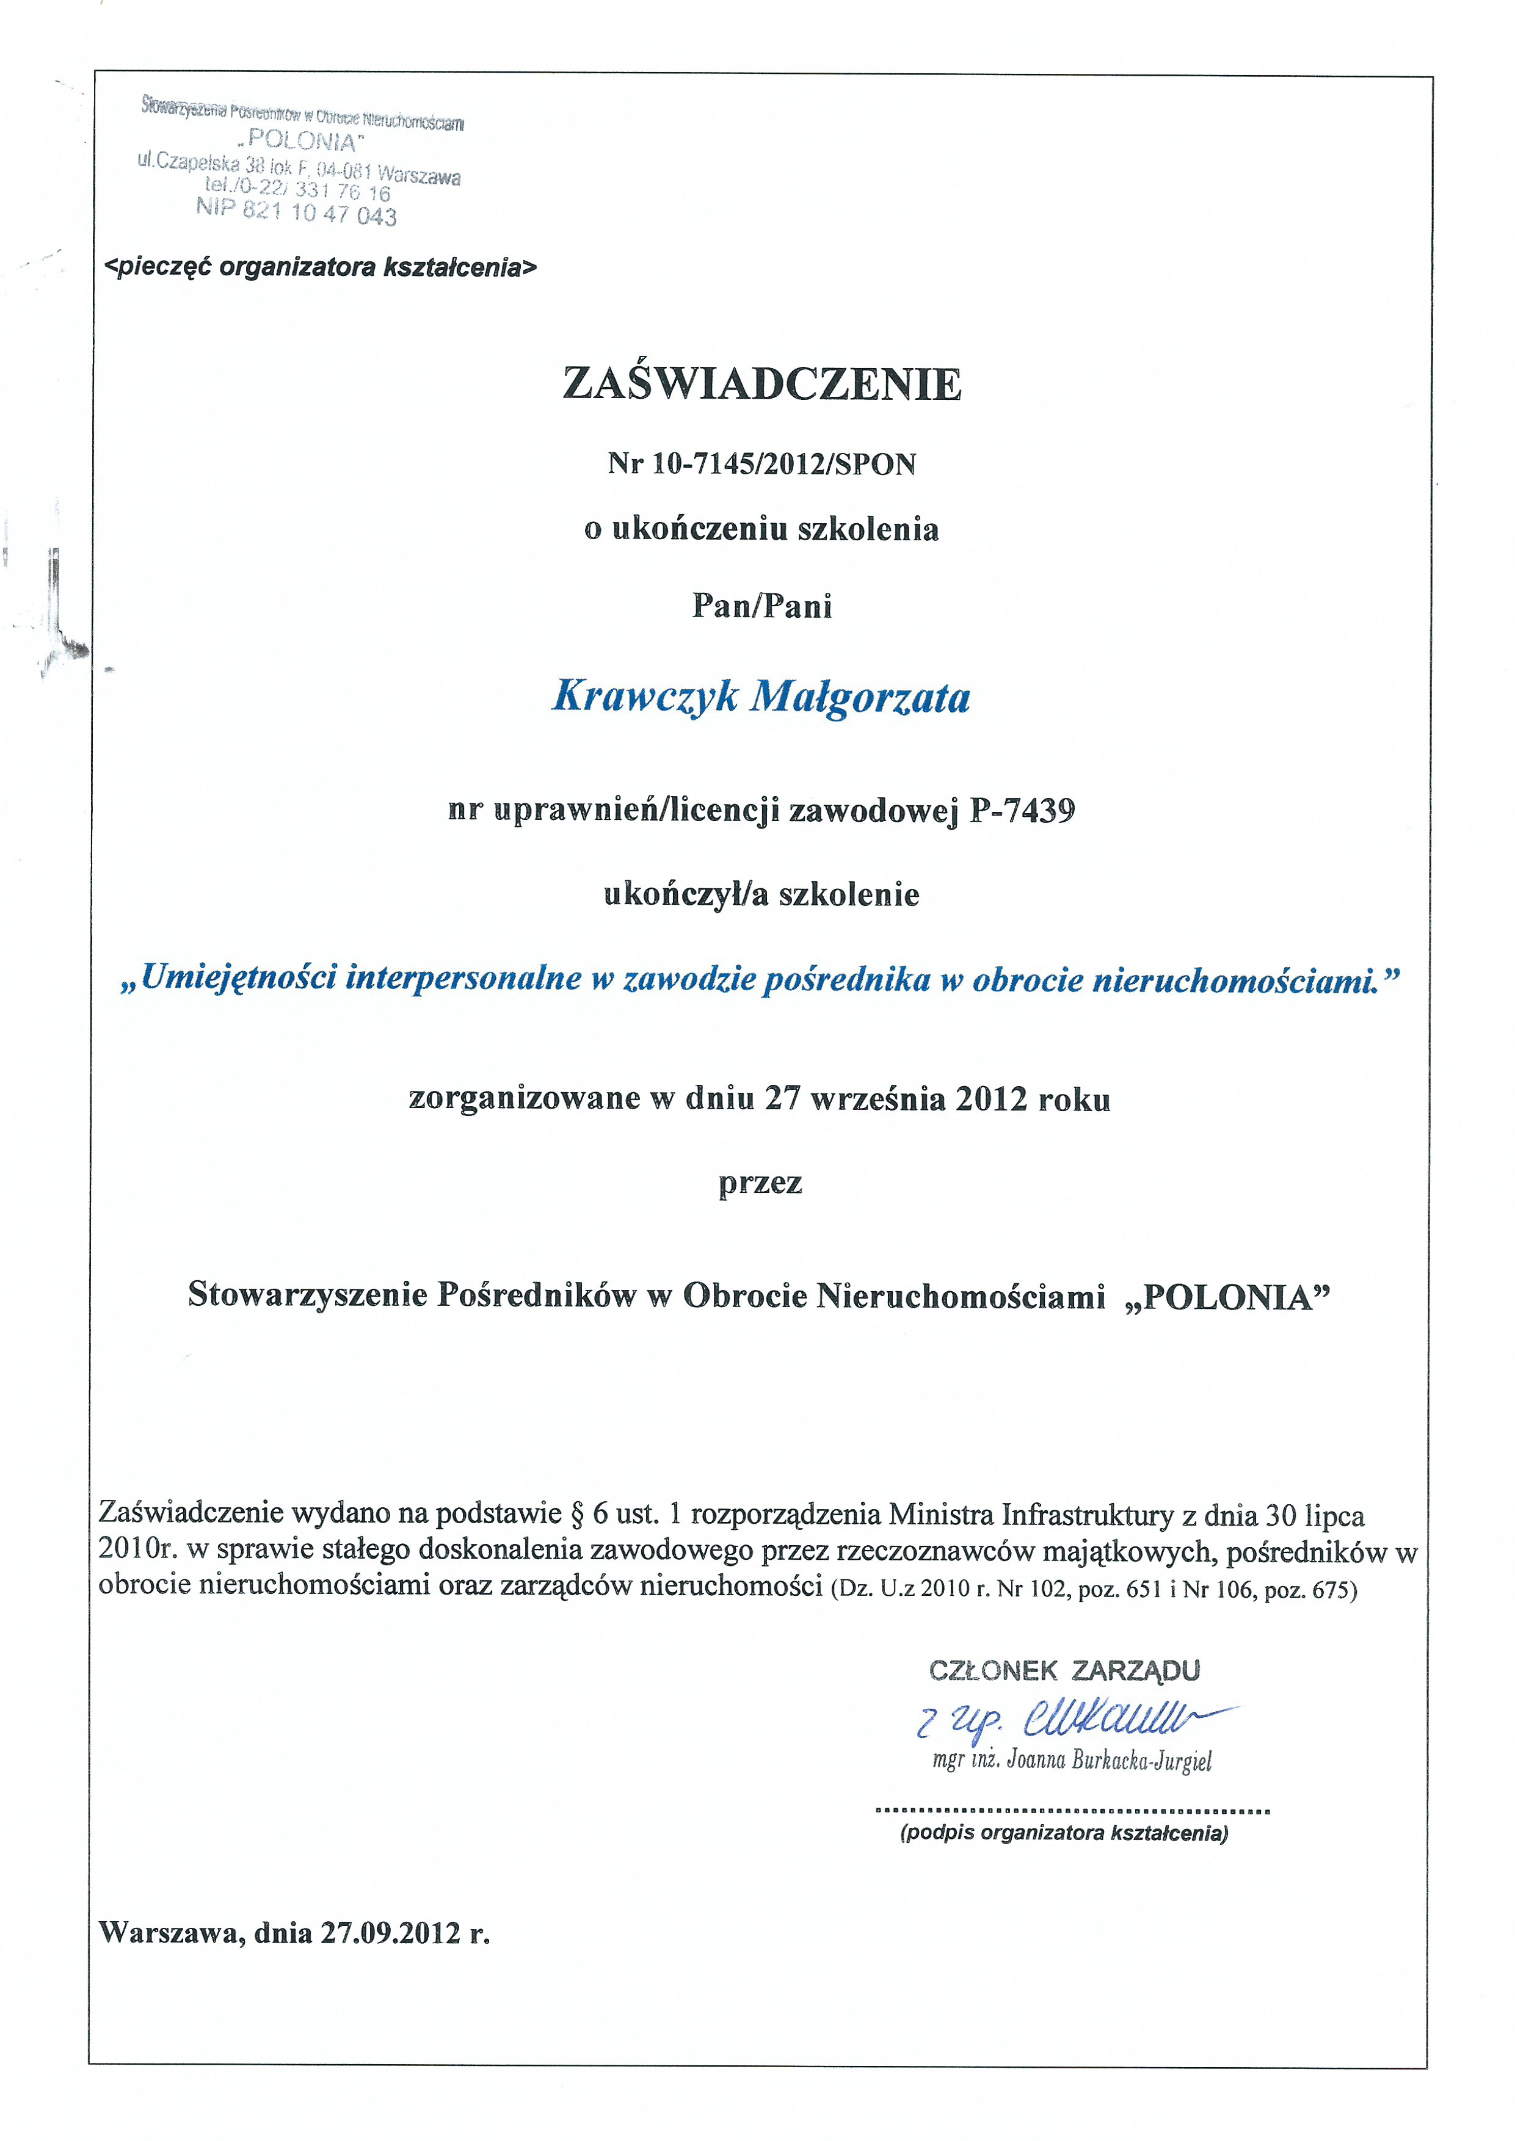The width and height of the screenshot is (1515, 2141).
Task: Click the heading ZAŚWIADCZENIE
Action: pos(761,383)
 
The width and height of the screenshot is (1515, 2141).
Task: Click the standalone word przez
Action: pos(760,1183)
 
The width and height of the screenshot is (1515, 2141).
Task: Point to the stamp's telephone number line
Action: pos(297,190)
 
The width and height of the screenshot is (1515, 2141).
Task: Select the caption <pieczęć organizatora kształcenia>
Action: pos(322,267)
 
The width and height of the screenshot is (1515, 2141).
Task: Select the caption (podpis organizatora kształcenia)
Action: pos(1064,1832)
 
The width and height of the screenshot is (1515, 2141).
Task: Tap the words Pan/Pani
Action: pos(761,606)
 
